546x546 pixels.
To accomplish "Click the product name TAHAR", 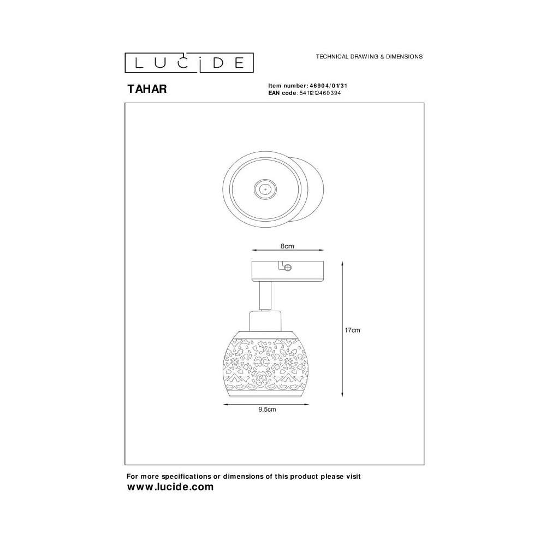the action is pos(147,89).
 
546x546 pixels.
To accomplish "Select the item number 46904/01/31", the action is pos(328,86).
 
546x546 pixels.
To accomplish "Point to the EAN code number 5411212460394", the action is pos(320,93).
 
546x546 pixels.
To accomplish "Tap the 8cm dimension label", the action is pos(287,246).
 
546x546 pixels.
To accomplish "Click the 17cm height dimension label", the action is pos(352,330).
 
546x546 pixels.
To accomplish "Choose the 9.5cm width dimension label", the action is pos(267,410).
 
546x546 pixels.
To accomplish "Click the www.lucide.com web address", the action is pos(170,487).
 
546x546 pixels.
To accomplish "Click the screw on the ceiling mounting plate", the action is pos(288,268).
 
